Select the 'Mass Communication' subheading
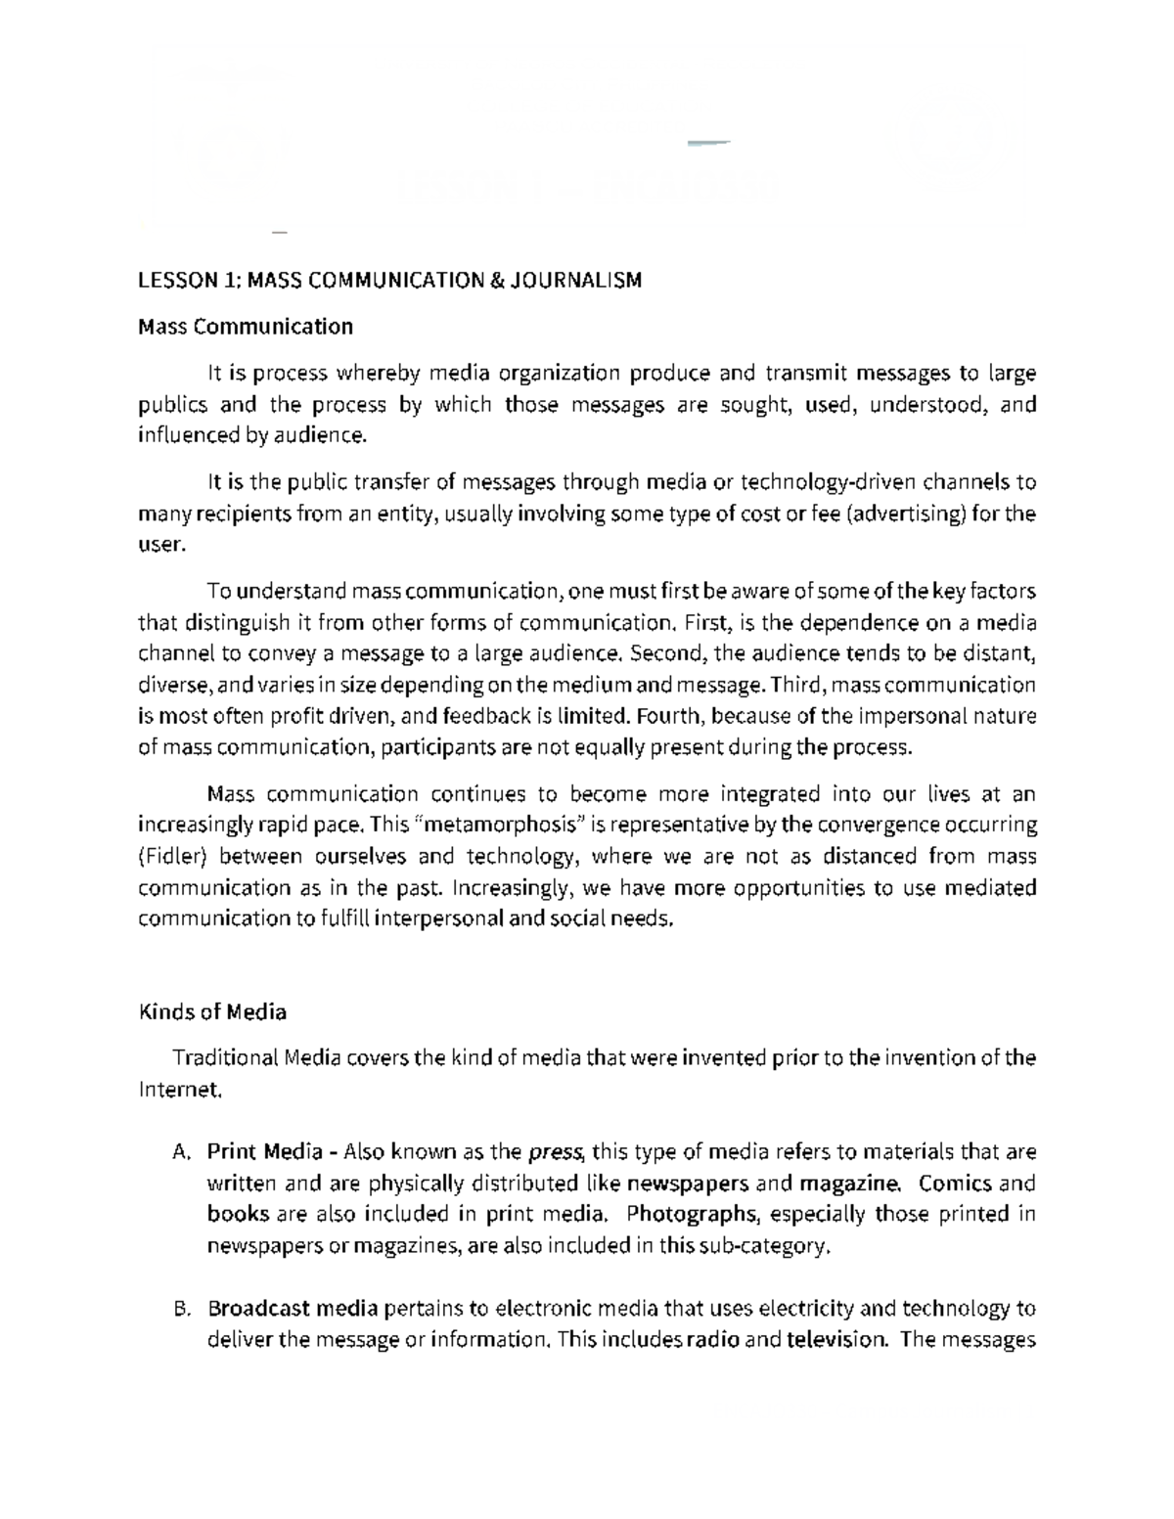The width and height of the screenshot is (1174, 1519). click(x=246, y=327)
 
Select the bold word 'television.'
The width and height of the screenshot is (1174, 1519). click(x=837, y=1340)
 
